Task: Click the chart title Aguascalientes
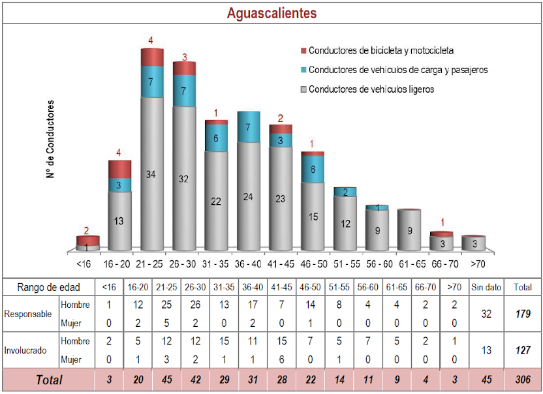(x=271, y=13)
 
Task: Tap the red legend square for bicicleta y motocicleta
(x=303, y=50)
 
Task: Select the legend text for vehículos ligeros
(x=371, y=89)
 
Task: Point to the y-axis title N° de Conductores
(x=50, y=139)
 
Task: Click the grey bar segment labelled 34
(x=151, y=175)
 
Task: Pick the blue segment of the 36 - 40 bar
(x=248, y=127)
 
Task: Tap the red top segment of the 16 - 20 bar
(x=119, y=168)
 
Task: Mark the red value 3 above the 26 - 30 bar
(x=184, y=57)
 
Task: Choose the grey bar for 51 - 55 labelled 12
(x=345, y=223)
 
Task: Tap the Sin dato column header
(x=486, y=287)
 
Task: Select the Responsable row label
(x=28, y=313)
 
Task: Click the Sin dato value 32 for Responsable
(x=486, y=314)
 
